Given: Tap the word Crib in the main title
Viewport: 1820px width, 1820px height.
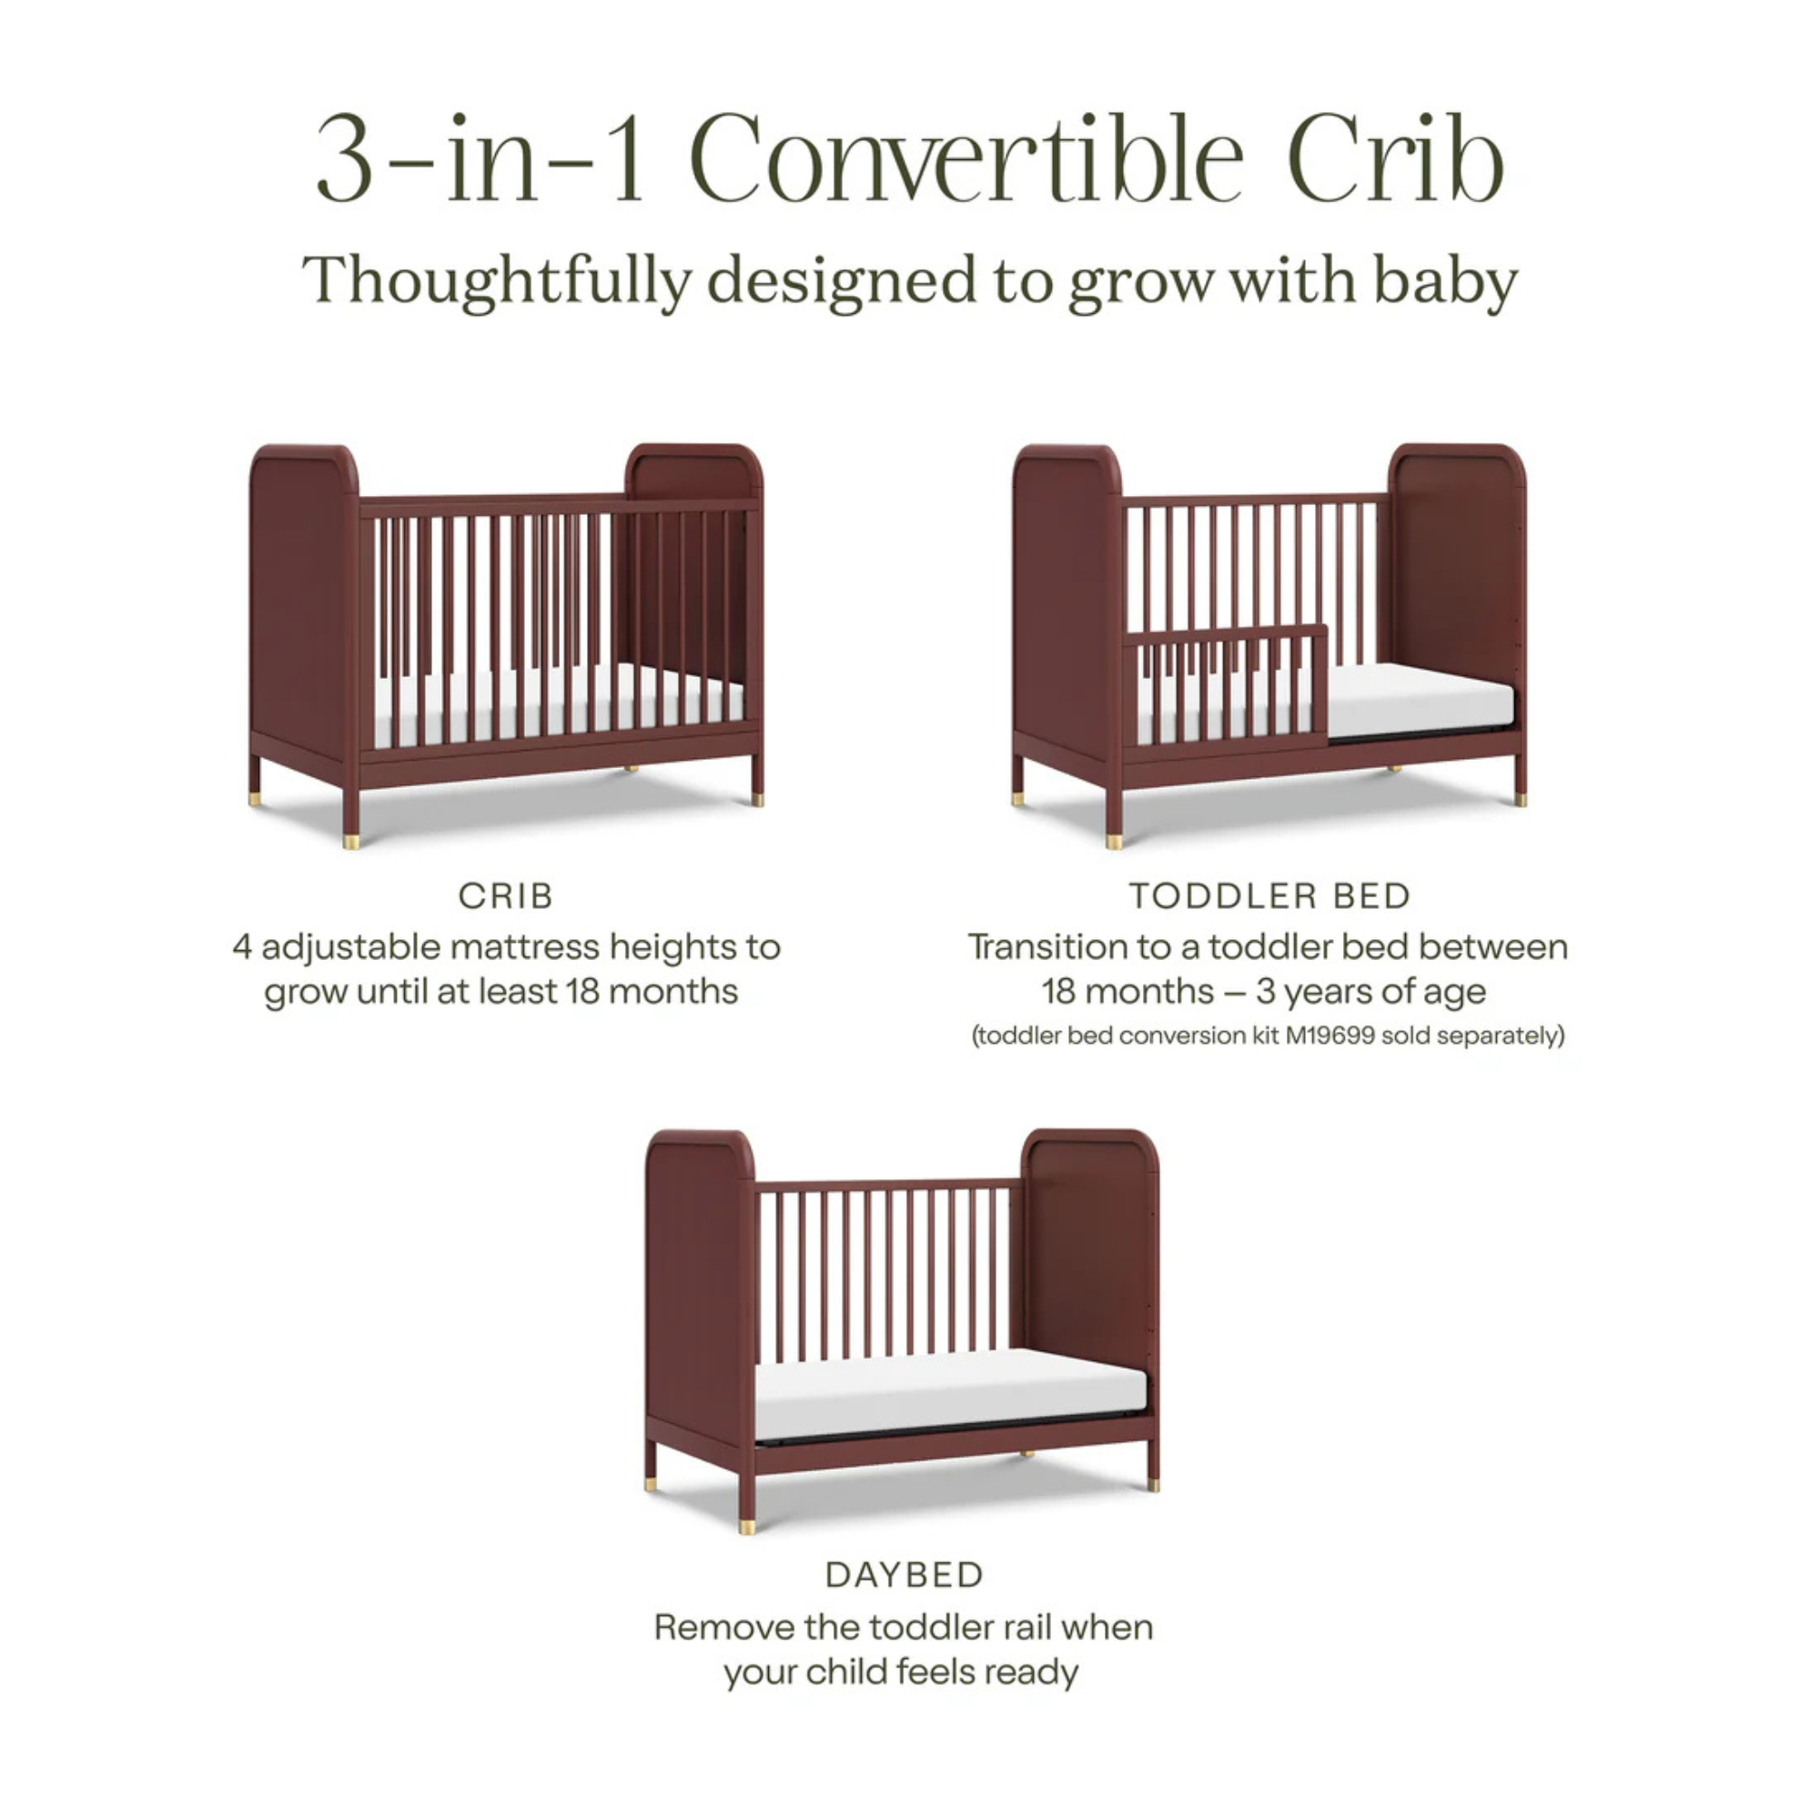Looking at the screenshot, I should (1394, 158).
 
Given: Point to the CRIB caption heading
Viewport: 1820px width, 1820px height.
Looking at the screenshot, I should (506, 895).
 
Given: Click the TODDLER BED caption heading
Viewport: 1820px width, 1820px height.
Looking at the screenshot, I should (1269, 895).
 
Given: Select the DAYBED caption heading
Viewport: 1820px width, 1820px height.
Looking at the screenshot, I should (905, 1575).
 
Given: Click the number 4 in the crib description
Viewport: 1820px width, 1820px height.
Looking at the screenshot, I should (242, 946).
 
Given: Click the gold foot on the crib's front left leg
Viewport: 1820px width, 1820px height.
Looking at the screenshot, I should (351, 840).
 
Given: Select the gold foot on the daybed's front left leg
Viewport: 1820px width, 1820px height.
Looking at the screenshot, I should (747, 1525).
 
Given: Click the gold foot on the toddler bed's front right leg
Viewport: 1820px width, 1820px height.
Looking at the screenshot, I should (1519, 799).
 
